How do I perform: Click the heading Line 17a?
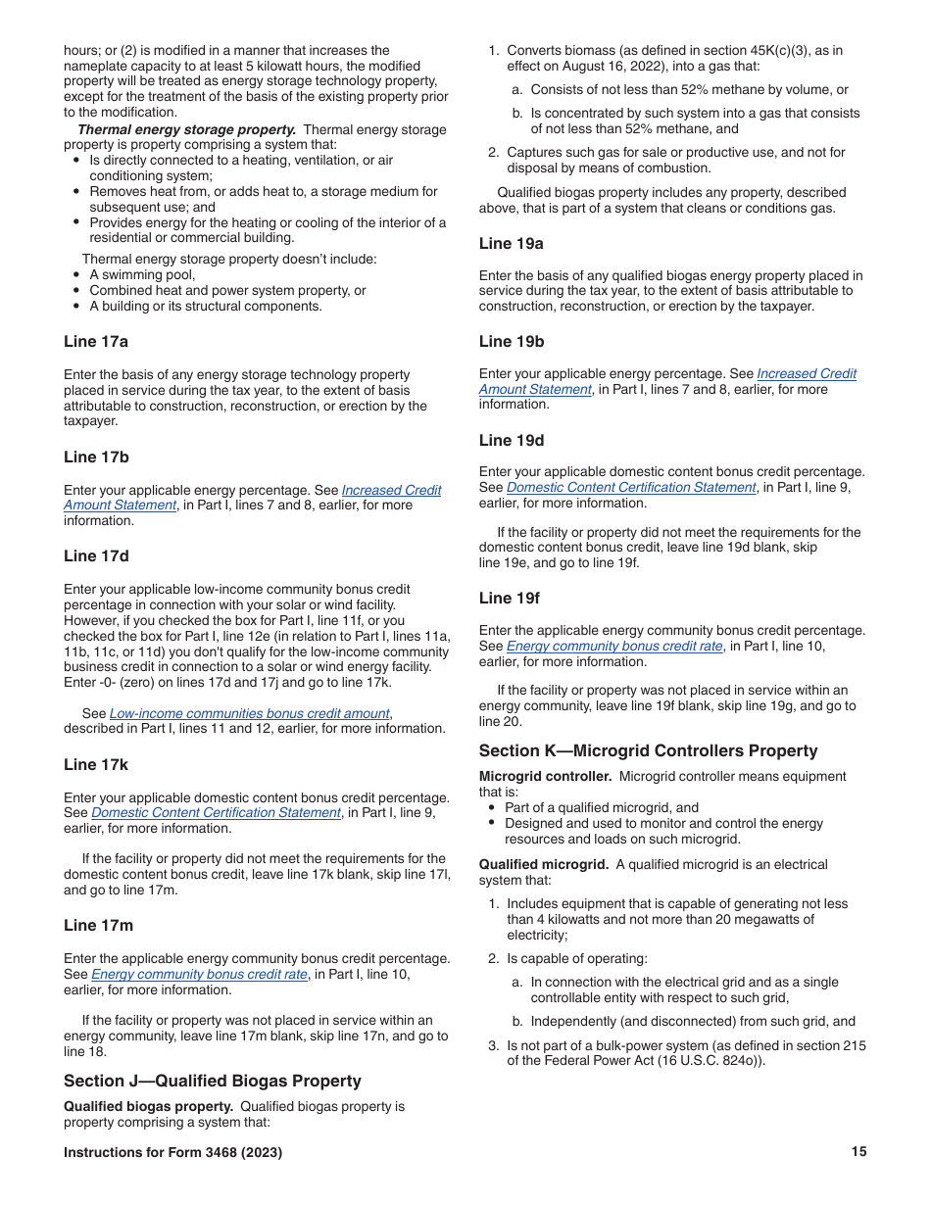(x=96, y=342)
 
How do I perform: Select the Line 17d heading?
(x=96, y=556)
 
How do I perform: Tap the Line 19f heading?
(x=510, y=598)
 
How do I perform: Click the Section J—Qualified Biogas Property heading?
(x=213, y=1081)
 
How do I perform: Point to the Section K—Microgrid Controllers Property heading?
(x=648, y=750)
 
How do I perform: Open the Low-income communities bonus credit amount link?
(x=250, y=713)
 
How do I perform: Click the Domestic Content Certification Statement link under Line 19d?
(x=631, y=487)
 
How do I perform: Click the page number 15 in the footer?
(x=858, y=1152)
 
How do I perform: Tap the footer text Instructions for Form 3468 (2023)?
(x=172, y=1152)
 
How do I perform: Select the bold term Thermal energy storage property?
(x=186, y=129)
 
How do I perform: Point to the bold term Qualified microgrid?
(x=543, y=864)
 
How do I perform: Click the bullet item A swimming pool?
(x=142, y=274)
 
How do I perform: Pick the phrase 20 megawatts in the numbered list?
(x=747, y=919)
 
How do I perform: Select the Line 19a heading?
(x=512, y=243)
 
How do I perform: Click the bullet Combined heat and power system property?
(x=227, y=290)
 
